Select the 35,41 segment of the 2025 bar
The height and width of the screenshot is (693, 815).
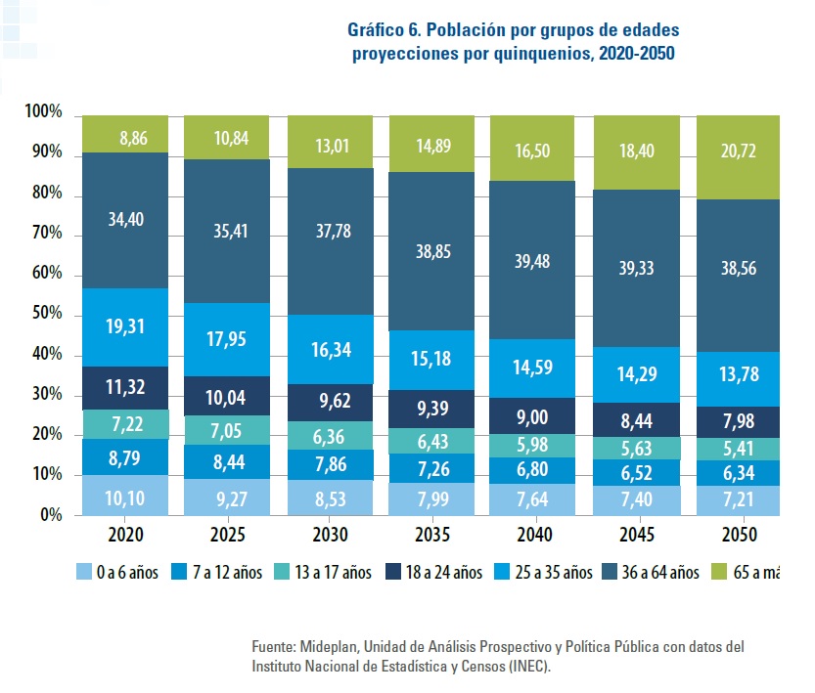click(227, 231)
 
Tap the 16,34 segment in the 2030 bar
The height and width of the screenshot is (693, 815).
click(329, 349)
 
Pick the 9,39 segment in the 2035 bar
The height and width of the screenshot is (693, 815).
click(431, 409)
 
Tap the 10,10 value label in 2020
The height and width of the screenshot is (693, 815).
click(126, 496)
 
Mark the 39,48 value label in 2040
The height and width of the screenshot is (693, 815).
click(534, 259)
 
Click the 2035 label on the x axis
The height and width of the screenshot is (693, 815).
click(431, 536)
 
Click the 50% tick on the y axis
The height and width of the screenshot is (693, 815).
click(44, 315)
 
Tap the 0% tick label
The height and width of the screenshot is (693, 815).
click(49, 515)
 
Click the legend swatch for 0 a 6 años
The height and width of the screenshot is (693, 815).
click(85, 572)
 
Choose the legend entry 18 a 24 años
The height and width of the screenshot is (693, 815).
click(434, 572)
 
